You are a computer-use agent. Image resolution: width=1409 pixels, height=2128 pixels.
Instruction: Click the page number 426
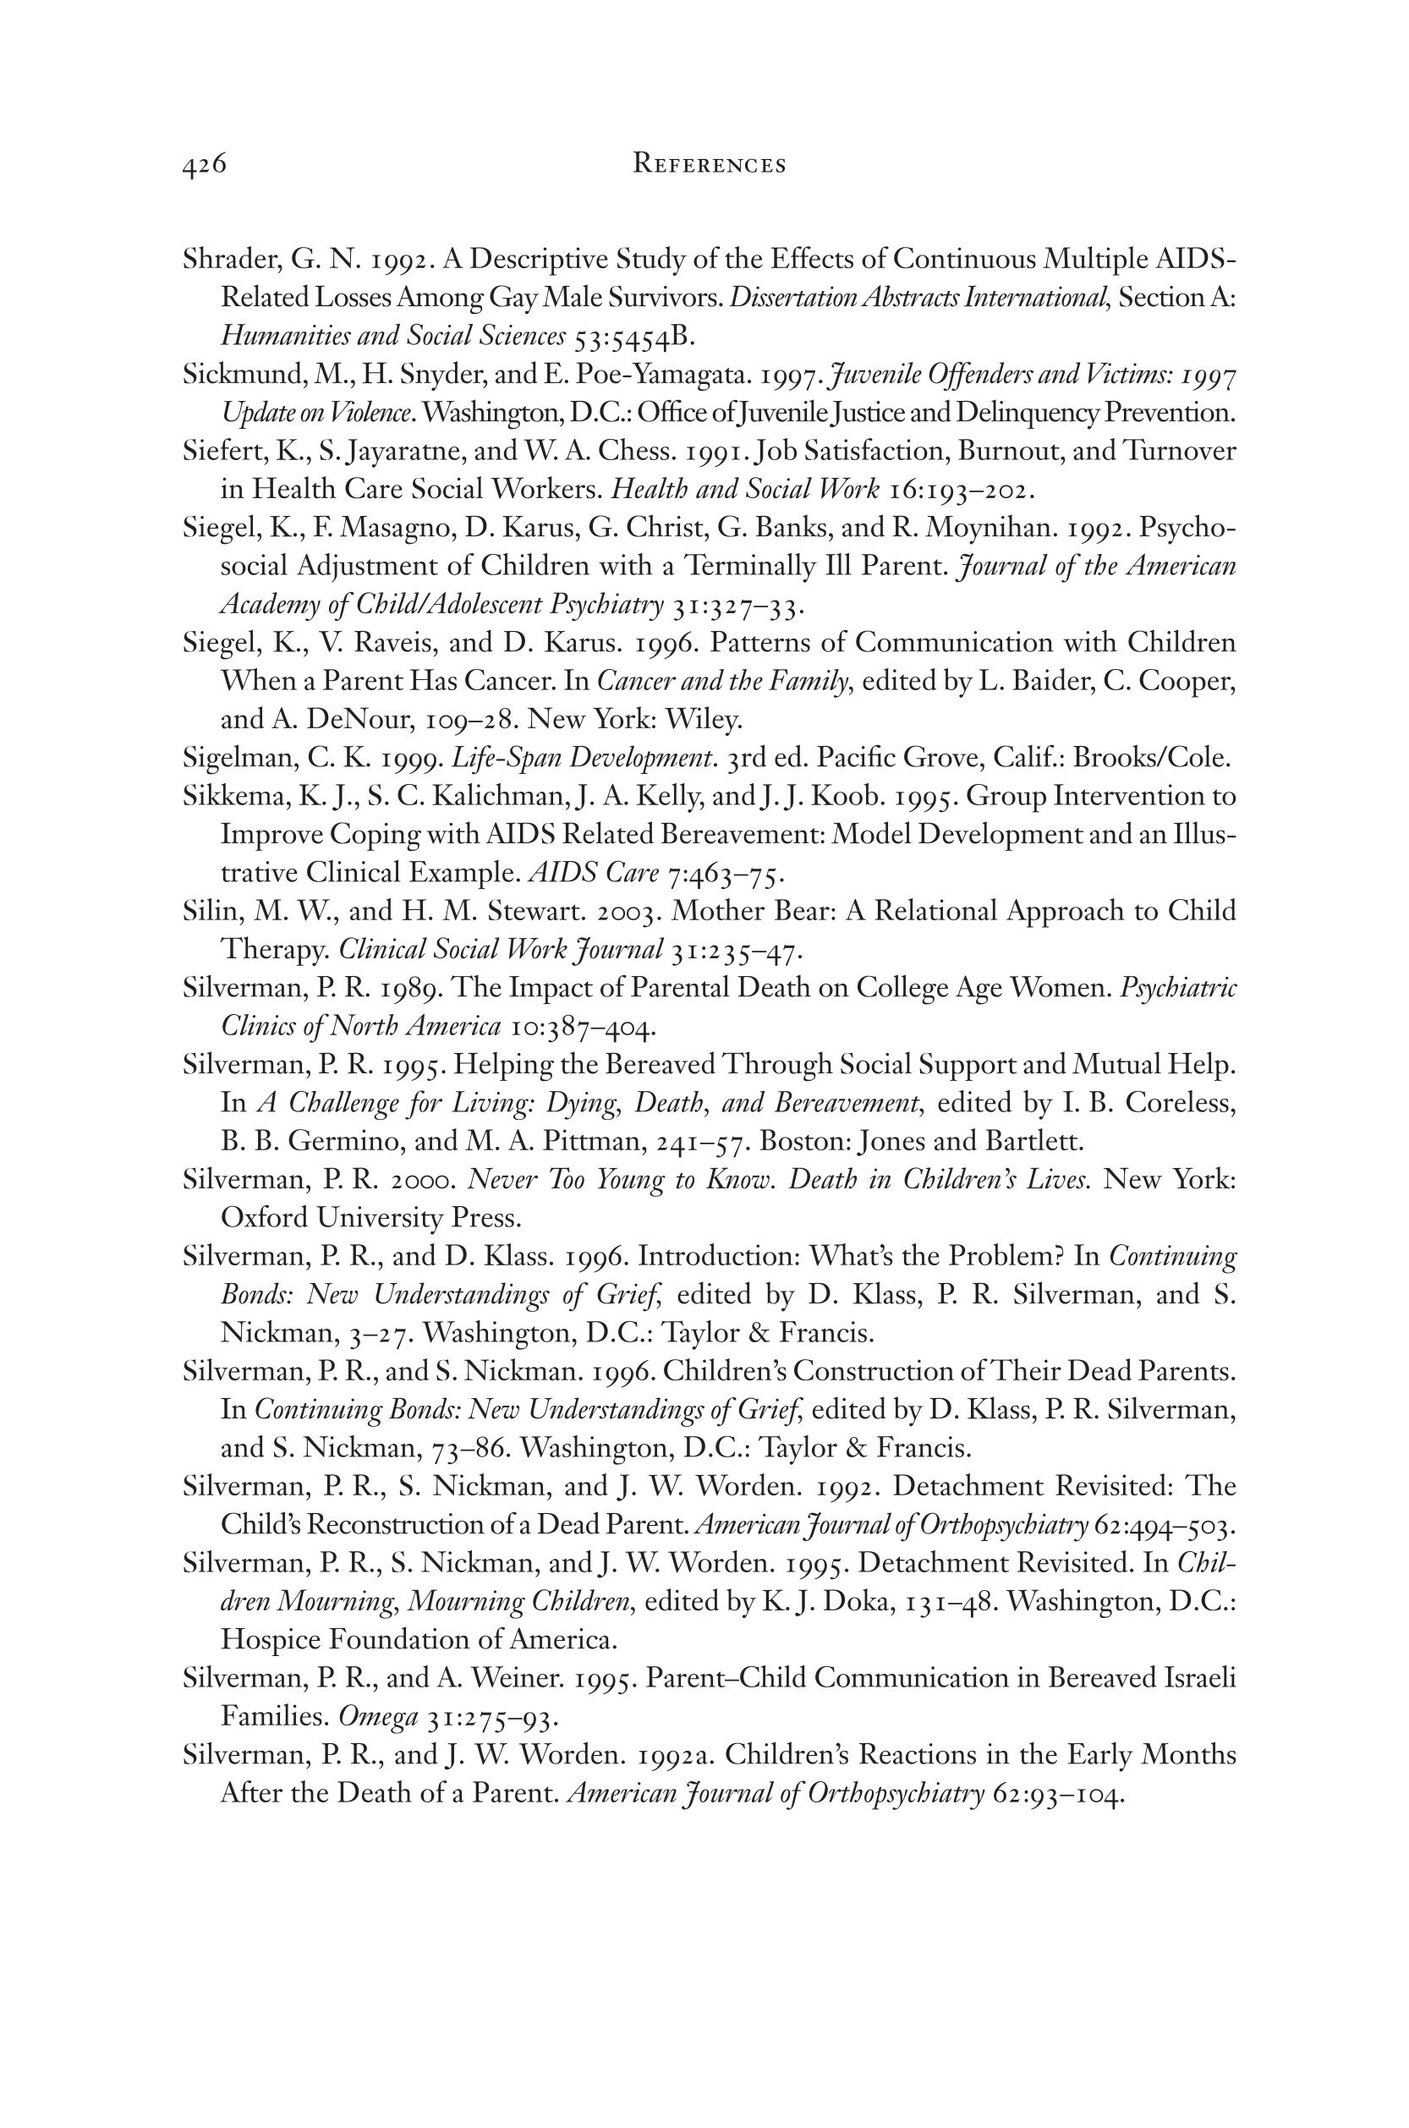click(x=204, y=164)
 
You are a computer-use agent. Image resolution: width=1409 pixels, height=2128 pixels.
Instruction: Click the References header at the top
click(x=709, y=164)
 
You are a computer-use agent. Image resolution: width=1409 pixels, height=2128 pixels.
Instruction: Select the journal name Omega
click(x=377, y=1717)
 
